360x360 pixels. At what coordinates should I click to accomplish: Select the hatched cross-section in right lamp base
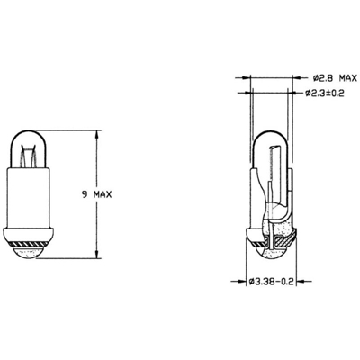tap(284, 238)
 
